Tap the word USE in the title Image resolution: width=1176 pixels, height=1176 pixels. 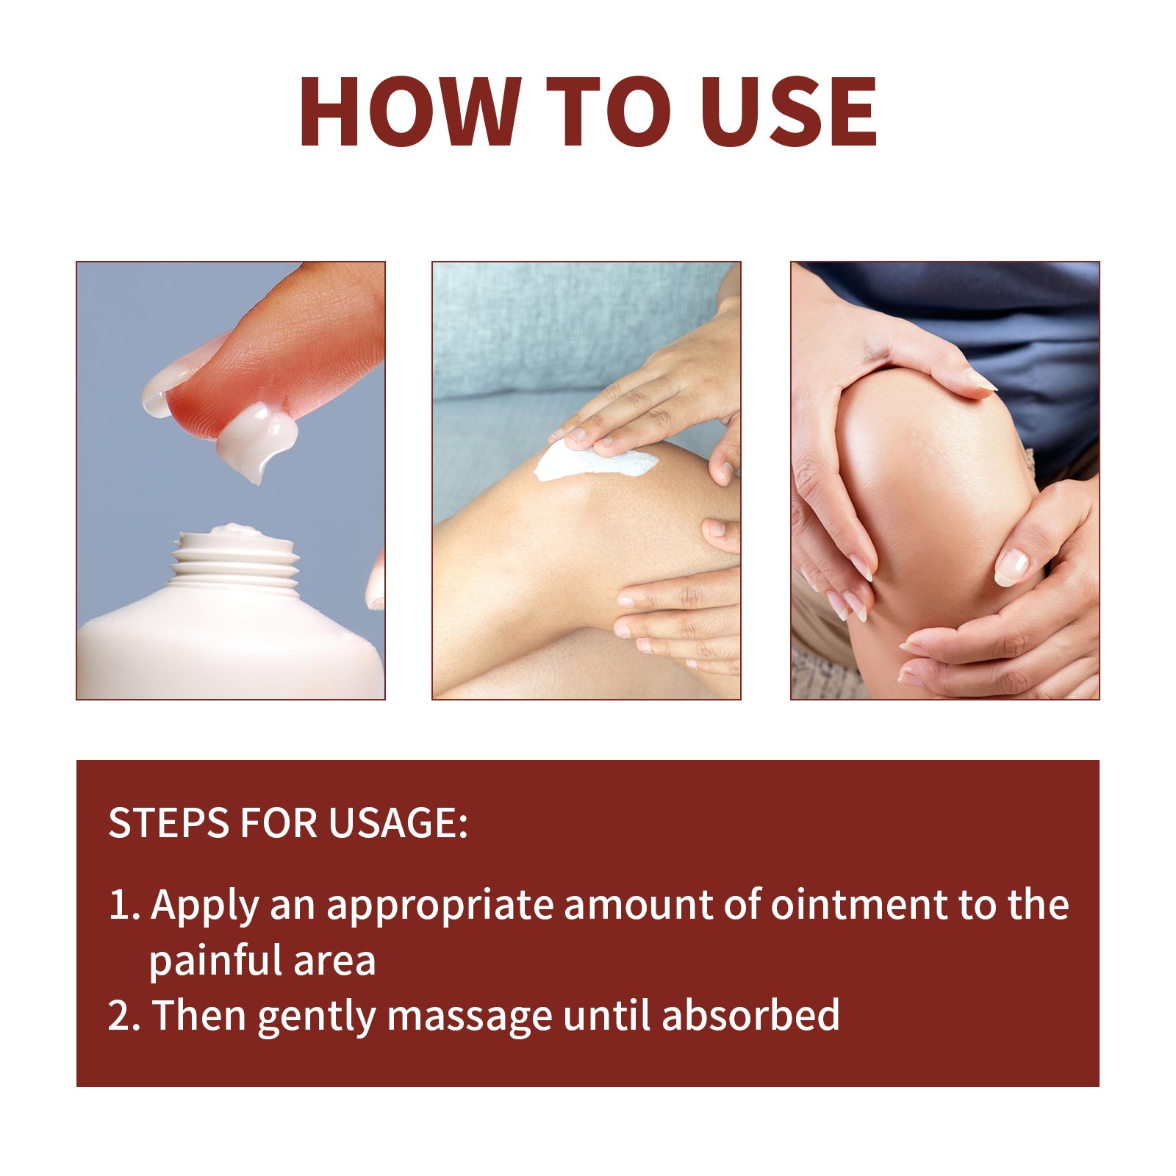coord(789,112)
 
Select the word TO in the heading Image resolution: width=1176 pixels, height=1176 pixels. coord(609,112)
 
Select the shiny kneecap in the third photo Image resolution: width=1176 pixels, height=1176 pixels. coord(933,478)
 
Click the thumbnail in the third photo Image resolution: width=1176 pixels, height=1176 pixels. coord(1011,567)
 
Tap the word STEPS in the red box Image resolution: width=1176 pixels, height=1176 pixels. coord(168,823)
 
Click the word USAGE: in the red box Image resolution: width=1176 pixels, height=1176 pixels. coord(397,823)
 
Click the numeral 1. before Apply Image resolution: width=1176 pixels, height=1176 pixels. coord(123,905)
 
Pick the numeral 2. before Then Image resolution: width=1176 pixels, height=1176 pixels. coord(123,1016)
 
